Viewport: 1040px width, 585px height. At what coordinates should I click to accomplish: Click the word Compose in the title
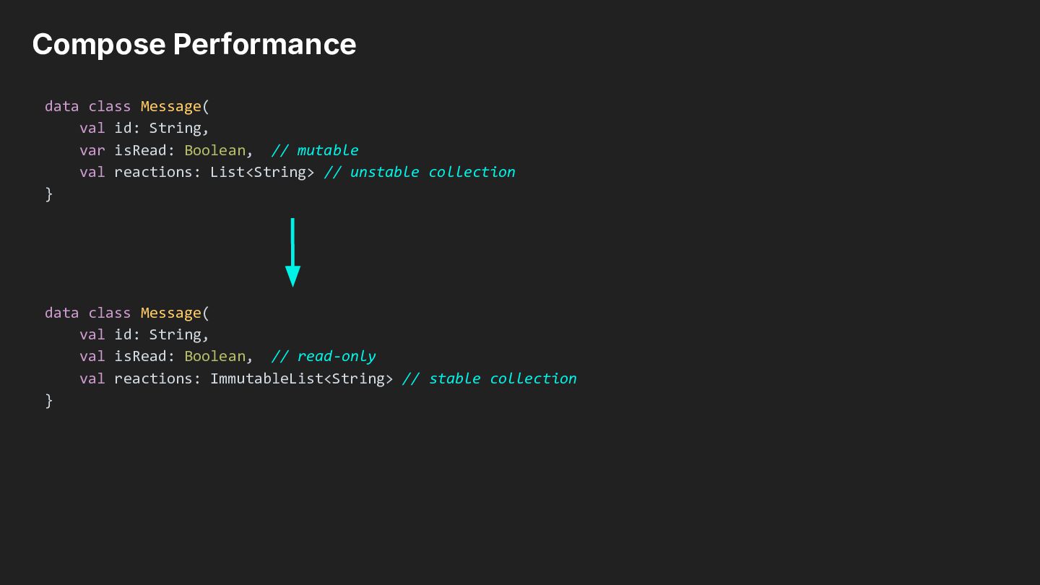click(x=99, y=45)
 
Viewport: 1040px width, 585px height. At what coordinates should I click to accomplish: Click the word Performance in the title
click(x=264, y=44)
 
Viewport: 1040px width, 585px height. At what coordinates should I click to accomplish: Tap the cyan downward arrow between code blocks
click(x=292, y=253)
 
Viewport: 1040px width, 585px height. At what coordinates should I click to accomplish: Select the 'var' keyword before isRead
click(x=92, y=150)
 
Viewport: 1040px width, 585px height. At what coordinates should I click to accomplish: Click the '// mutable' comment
click(x=315, y=150)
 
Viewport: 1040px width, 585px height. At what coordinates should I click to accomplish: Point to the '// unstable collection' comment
click(x=420, y=172)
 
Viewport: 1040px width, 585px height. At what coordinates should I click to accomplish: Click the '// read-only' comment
click(x=324, y=357)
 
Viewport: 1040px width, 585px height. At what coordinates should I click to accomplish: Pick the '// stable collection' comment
click(x=490, y=378)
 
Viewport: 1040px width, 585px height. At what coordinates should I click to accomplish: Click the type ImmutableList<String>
click(x=301, y=378)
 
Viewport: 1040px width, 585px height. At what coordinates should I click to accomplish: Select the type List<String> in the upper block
click(x=262, y=172)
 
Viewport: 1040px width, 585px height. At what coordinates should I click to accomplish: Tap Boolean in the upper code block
click(x=215, y=150)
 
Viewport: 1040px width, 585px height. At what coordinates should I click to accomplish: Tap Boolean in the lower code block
click(x=215, y=356)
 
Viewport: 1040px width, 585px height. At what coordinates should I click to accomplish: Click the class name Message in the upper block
click(x=171, y=107)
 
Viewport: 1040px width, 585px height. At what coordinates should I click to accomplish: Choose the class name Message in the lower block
click(x=171, y=313)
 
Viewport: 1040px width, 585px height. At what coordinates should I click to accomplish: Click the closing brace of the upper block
click(x=49, y=194)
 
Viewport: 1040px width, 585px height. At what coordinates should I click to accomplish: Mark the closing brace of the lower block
click(x=49, y=401)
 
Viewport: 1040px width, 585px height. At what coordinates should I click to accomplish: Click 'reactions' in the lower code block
click(x=153, y=378)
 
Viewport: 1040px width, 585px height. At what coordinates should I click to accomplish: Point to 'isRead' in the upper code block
click(x=140, y=150)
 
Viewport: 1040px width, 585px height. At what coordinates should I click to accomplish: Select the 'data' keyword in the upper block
click(x=62, y=106)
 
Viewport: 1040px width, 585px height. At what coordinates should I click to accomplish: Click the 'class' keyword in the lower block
click(x=110, y=313)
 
